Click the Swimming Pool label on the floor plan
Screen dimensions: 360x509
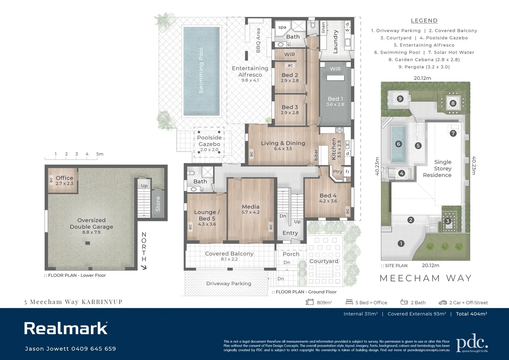(x=201, y=71)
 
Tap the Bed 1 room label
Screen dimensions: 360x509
(x=335, y=99)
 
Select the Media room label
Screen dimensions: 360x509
(x=251, y=207)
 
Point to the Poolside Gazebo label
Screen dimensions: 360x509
(x=209, y=141)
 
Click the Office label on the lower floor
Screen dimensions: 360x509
(x=64, y=178)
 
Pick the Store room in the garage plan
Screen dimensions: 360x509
(x=158, y=204)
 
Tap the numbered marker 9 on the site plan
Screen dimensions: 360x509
(x=400, y=99)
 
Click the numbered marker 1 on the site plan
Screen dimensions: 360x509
(x=401, y=244)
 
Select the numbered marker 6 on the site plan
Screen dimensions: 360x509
(x=398, y=144)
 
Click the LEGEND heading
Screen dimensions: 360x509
(x=424, y=21)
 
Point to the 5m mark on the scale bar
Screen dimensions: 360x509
(x=100, y=154)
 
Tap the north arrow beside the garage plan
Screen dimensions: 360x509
(x=144, y=267)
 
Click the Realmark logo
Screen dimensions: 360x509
(x=66, y=328)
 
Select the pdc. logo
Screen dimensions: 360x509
(x=472, y=344)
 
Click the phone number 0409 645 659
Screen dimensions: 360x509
(x=94, y=349)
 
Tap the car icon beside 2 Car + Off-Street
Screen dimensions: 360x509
(x=443, y=302)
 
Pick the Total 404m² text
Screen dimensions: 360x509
(x=471, y=314)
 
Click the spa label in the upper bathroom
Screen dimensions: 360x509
(x=282, y=27)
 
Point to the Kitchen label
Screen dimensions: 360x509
(x=334, y=149)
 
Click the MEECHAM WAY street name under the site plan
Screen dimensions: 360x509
(x=426, y=278)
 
